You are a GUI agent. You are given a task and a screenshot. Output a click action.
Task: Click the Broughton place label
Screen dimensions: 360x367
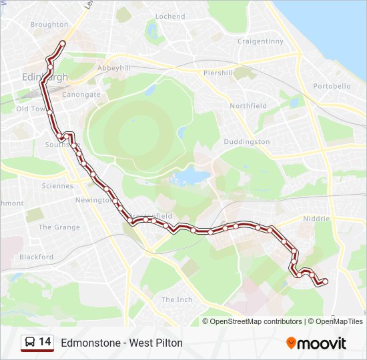pyautogui.click(x=49, y=25)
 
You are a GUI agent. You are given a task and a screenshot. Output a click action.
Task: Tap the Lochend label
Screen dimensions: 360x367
pyautogui.click(x=170, y=17)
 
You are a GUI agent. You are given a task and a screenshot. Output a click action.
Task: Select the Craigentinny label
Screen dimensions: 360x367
pyautogui.click(x=260, y=41)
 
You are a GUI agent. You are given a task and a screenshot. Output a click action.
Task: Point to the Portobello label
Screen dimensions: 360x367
pyautogui.click(x=332, y=87)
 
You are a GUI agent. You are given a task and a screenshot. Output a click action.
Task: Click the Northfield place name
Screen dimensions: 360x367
pyautogui.click(x=248, y=106)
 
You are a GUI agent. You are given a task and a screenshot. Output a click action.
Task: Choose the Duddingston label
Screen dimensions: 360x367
pyautogui.click(x=247, y=142)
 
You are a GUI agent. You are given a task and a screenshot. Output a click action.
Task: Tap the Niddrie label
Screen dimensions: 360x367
pyautogui.click(x=316, y=219)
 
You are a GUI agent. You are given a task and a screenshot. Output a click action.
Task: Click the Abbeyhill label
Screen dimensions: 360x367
pyautogui.click(x=114, y=68)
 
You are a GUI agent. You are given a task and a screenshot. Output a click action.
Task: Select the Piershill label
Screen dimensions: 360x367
pyautogui.click(x=218, y=73)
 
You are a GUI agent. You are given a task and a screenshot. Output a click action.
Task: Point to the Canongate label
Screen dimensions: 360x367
pyautogui.click(x=81, y=95)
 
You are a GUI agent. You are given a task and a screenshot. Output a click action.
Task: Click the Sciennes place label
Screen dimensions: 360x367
pyautogui.click(x=57, y=186)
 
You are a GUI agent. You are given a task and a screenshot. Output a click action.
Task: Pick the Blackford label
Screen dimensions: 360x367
pyautogui.click(x=36, y=257)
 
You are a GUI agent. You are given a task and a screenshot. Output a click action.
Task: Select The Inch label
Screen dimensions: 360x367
pyautogui.click(x=177, y=300)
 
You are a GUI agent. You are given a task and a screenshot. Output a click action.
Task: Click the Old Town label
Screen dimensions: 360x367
pyautogui.click(x=31, y=109)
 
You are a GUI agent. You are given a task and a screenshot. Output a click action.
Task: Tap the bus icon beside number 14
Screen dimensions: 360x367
pyautogui.click(x=30, y=343)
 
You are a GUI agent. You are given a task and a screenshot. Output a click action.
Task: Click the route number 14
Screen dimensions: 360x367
pyautogui.click(x=45, y=343)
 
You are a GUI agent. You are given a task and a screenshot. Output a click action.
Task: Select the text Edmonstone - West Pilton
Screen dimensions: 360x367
pyautogui.click(x=121, y=343)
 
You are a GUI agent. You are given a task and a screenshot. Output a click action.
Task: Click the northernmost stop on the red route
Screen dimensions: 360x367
pyautogui.click(x=63, y=44)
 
